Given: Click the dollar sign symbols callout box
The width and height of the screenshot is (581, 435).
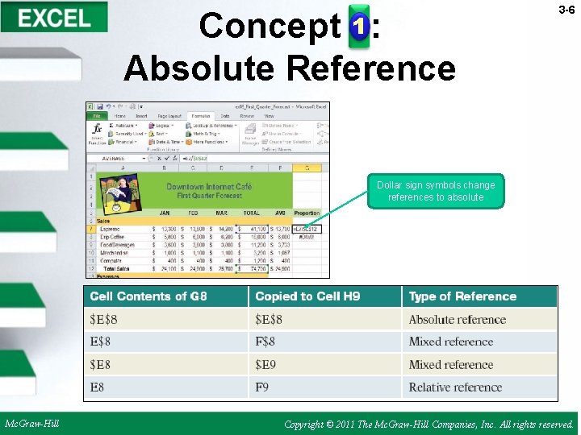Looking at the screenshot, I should point(436,191).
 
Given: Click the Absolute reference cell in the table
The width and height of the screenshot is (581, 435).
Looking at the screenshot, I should point(457,320).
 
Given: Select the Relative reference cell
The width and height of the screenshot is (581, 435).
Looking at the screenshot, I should point(455,387).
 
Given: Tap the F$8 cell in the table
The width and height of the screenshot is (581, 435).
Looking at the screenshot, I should point(265,342).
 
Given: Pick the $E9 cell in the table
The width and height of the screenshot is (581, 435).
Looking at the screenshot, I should point(266,364).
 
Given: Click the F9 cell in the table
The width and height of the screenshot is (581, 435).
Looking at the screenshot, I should point(262,387).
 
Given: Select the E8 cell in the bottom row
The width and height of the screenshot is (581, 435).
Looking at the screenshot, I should point(97,387).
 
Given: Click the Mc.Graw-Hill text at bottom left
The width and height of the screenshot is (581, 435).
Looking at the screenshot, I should point(31,423).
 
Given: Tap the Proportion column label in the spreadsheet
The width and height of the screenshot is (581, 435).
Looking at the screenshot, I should point(307,213).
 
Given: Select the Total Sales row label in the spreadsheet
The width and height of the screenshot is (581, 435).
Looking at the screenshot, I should point(111,268).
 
